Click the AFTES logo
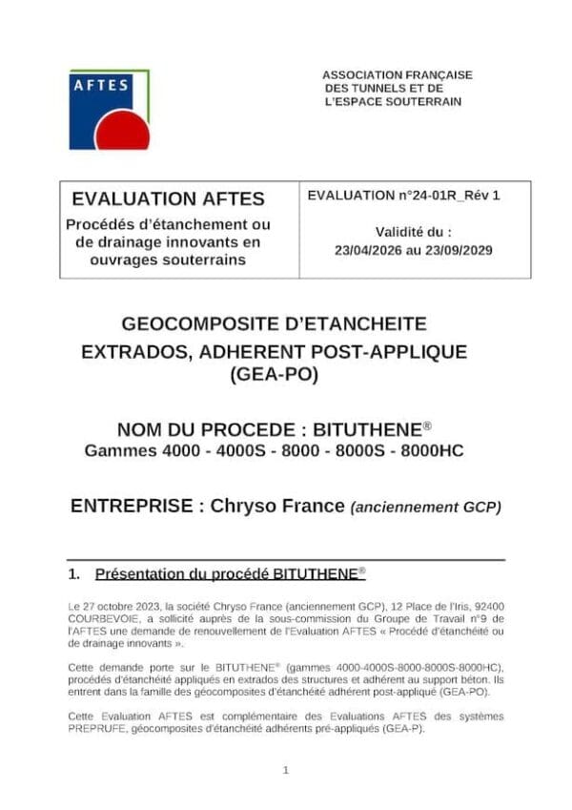pyautogui.click(x=109, y=109)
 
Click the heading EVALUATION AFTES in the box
pyautogui.click(x=168, y=199)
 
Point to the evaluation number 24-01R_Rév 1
pyautogui.click(x=449, y=196)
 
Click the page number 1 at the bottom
pyautogui.click(x=286, y=770)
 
